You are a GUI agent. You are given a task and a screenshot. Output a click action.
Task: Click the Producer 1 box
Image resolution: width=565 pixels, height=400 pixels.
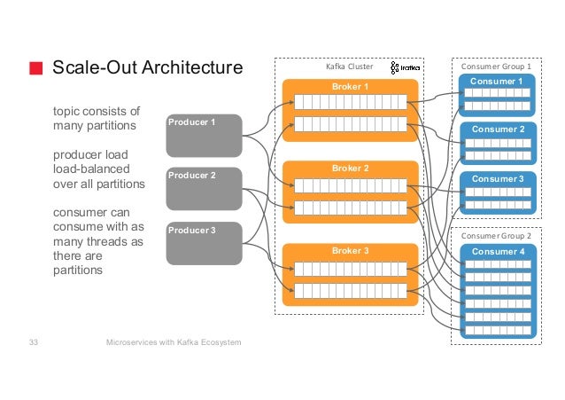(x=204, y=136)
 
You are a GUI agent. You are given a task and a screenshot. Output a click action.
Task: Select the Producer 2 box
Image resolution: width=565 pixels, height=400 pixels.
(x=204, y=189)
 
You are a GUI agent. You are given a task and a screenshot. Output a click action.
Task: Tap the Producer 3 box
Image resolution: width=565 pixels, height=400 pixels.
(x=204, y=243)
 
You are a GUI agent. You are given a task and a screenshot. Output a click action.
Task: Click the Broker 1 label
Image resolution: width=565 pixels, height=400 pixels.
(x=350, y=87)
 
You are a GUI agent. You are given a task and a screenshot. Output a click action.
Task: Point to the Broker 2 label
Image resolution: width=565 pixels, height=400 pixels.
(x=350, y=169)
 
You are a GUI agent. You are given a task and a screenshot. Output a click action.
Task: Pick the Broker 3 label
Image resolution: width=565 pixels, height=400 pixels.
(x=350, y=250)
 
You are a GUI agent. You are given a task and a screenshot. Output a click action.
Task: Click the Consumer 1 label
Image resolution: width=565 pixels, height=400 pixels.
(x=497, y=82)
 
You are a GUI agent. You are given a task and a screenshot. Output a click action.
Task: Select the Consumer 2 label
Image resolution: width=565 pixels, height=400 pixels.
(x=498, y=129)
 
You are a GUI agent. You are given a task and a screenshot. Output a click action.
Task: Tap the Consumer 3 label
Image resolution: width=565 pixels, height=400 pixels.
(x=498, y=178)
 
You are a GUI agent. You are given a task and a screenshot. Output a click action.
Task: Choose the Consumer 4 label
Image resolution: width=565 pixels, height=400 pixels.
(x=498, y=251)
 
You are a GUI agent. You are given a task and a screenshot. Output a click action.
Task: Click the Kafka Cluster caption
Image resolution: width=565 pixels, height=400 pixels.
(x=349, y=67)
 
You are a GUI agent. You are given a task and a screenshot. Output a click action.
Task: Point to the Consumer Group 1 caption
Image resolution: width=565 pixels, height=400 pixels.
(x=496, y=67)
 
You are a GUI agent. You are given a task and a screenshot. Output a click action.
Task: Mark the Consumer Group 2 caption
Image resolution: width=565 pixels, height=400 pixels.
(x=496, y=236)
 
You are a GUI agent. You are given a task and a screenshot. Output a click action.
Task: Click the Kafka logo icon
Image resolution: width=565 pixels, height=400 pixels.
(x=405, y=67)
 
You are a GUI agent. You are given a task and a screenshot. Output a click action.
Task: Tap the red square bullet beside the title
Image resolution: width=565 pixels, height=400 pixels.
(x=36, y=68)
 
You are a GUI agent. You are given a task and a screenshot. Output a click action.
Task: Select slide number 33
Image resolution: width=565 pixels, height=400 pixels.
(x=34, y=341)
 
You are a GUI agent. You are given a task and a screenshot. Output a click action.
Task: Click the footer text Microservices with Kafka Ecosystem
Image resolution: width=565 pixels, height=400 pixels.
(x=174, y=342)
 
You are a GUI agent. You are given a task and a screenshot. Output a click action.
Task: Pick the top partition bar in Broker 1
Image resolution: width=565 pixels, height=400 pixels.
(x=351, y=102)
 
